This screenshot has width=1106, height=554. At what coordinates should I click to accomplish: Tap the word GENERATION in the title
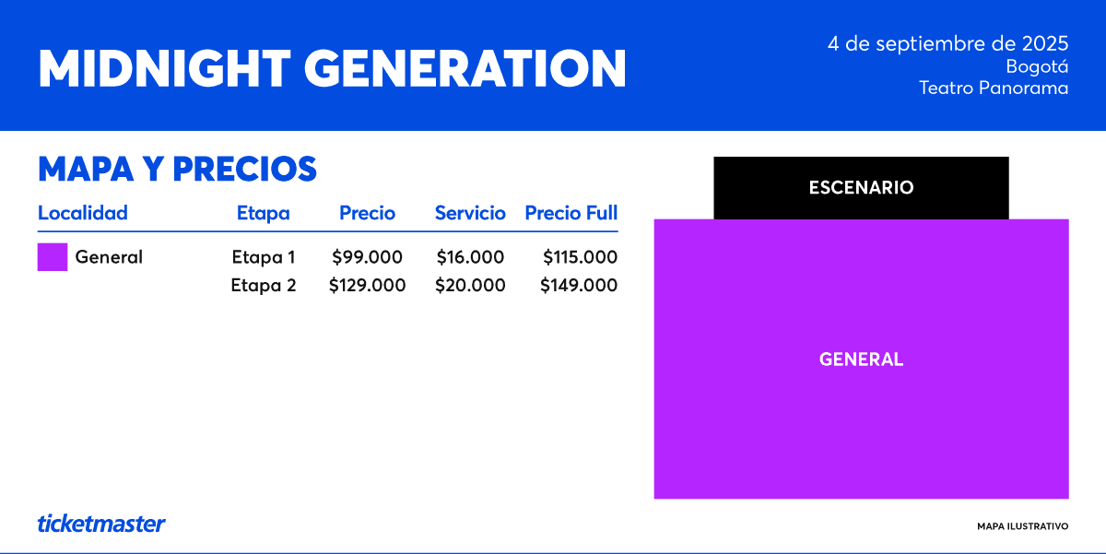[465, 68]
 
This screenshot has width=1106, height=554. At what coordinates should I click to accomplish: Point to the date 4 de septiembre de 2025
[948, 44]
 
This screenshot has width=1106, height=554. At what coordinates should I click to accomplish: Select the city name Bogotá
[1037, 66]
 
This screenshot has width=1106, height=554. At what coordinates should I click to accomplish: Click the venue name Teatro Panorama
[994, 88]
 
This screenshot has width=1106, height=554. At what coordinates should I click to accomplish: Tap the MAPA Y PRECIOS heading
[177, 169]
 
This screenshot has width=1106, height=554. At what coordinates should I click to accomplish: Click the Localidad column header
[82, 213]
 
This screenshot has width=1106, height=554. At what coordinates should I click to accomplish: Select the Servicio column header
[470, 213]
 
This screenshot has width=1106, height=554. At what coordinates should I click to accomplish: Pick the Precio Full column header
[571, 213]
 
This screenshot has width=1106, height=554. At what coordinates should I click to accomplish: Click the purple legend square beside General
[53, 257]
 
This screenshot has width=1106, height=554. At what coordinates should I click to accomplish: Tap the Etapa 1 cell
[264, 257]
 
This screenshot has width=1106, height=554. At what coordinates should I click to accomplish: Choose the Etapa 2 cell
[264, 285]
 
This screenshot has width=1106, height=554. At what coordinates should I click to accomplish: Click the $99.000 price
[367, 257]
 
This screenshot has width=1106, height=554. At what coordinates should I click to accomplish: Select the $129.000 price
[367, 285]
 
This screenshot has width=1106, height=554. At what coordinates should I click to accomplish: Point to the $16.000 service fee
[470, 257]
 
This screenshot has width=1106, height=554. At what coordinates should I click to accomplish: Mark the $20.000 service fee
[470, 285]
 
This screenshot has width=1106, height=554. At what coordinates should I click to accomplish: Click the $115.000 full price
[580, 257]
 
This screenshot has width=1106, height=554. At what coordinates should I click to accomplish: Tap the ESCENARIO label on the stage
[861, 188]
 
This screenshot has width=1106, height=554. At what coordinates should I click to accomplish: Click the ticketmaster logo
[101, 524]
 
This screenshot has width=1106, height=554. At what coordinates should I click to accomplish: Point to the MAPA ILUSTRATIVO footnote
[1022, 526]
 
